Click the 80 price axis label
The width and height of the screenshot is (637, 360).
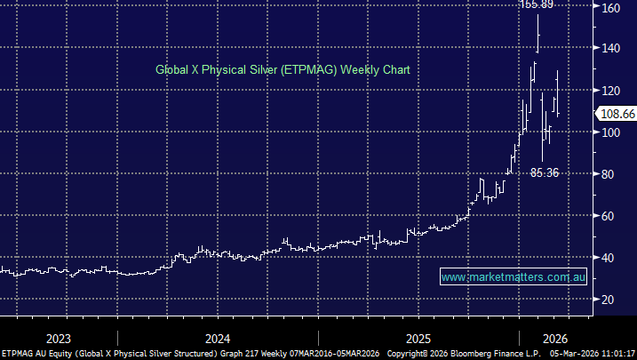pyautogui.click(x=609, y=174)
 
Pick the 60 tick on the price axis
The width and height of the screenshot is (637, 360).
pyautogui.click(x=609, y=216)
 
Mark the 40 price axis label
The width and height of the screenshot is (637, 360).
pyautogui.click(x=609, y=258)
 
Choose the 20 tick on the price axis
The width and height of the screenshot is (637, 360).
pyautogui.click(x=609, y=300)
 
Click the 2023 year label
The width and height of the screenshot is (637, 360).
pyautogui.click(x=59, y=338)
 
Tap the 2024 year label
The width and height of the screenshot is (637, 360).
pyautogui.click(x=217, y=338)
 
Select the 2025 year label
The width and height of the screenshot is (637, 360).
pyautogui.click(x=418, y=338)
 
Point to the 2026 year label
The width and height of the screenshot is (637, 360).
pyautogui.click(x=555, y=338)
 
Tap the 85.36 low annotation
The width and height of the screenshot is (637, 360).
pyautogui.click(x=544, y=172)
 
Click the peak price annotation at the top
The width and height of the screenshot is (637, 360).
pyautogui.click(x=537, y=4)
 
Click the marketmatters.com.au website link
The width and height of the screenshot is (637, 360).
pyautogui.click(x=514, y=277)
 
